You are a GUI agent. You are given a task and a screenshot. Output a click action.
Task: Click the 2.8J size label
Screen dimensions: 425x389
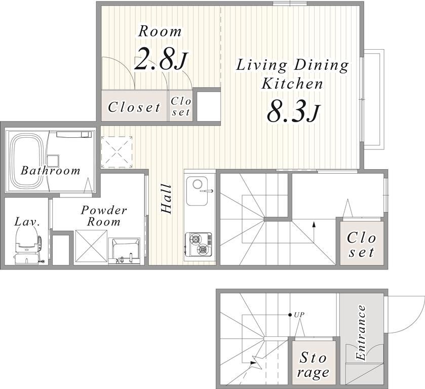click(161, 59)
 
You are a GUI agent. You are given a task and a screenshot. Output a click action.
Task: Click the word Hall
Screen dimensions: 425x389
click(166, 199)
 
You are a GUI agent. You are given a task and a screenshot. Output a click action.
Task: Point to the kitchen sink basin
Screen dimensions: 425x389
click(197, 191)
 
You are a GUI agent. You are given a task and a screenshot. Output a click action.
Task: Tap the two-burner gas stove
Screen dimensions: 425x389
click(198, 244)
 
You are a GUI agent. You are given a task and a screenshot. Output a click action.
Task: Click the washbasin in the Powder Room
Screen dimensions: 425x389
click(125, 251)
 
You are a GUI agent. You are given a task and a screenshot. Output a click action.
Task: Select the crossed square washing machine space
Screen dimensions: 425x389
click(91, 246)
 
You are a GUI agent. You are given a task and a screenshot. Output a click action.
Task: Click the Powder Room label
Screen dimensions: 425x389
click(104, 216)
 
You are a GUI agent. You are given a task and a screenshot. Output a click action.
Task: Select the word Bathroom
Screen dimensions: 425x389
click(51, 171)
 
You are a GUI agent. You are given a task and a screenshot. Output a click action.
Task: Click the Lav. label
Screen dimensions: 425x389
click(27, 222)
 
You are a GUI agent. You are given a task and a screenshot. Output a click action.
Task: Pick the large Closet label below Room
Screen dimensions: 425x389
click(134, 107)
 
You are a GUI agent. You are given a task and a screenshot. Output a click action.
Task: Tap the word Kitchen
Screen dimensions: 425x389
click(292, 84)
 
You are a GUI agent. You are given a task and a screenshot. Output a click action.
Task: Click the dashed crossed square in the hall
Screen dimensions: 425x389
click(117, 152)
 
